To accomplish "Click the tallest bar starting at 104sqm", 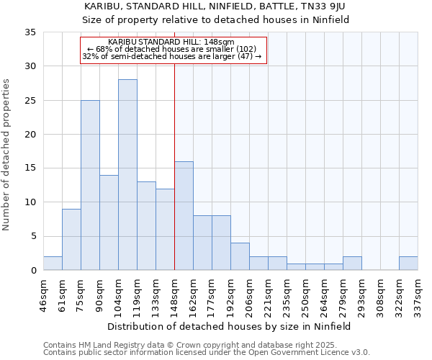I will [x=127, y=175].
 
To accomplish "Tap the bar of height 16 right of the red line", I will [x=184, y=216].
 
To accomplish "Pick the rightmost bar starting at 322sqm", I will [x=408, y=264].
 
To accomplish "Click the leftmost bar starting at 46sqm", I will [x=53, y=264].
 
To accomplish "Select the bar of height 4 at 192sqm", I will [x=240, y=257].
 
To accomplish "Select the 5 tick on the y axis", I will [x=32, y=237].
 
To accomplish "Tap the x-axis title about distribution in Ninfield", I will [x=230, y=326].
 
